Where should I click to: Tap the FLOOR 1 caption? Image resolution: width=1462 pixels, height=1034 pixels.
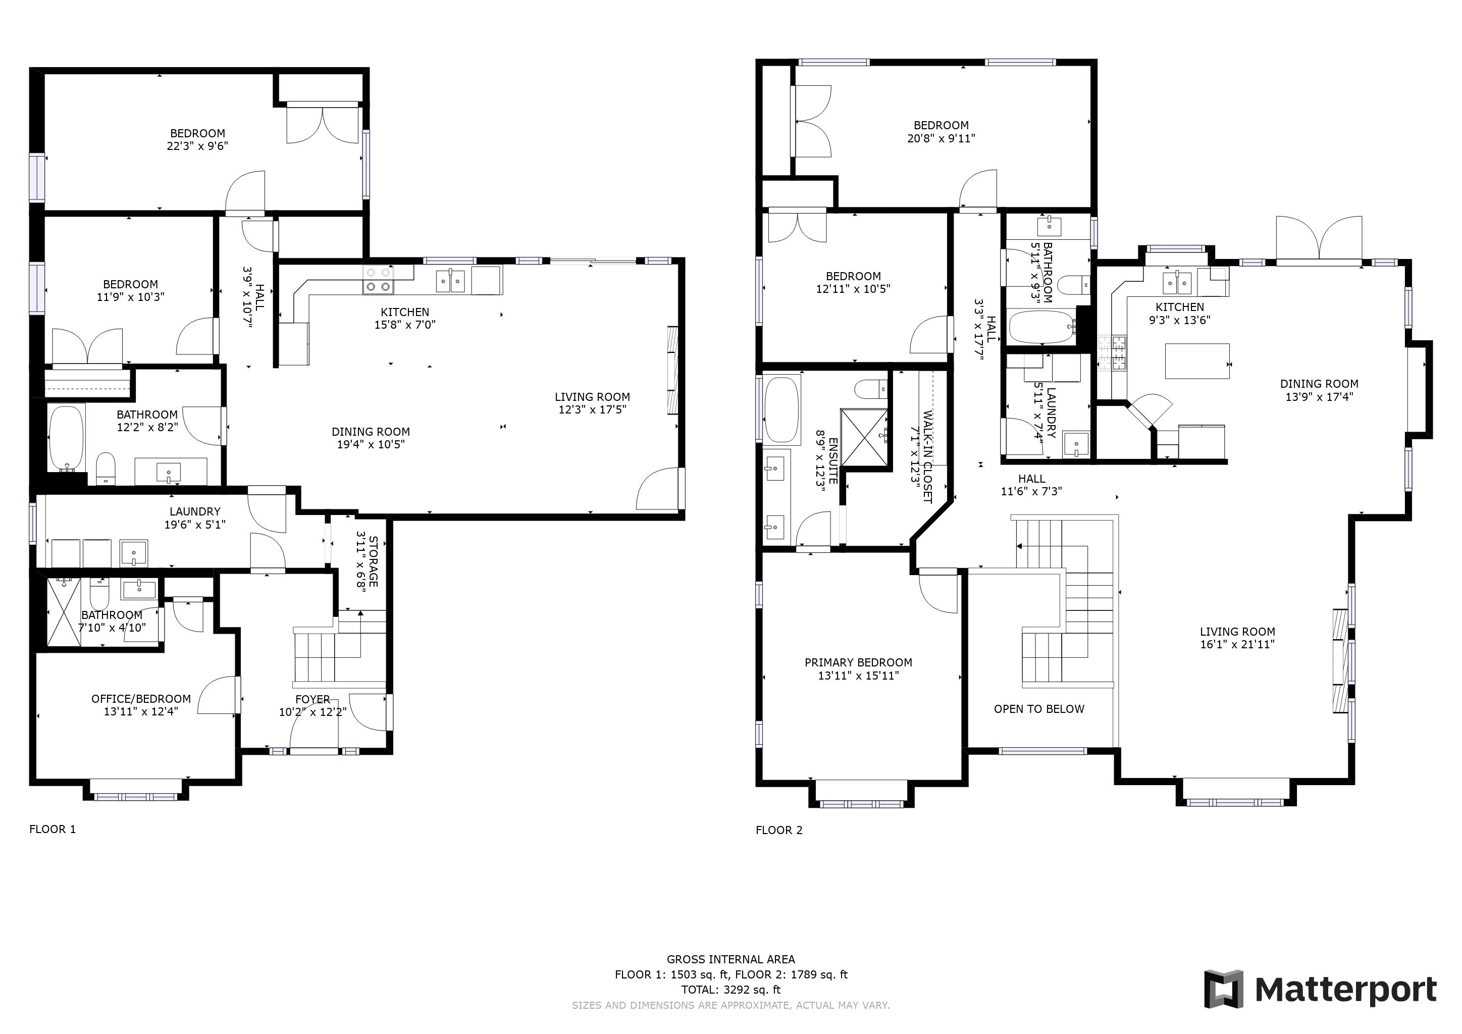point(52,829)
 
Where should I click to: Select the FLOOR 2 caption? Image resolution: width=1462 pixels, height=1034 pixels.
point(779,830)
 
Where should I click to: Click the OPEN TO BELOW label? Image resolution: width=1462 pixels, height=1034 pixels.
point(1038,709)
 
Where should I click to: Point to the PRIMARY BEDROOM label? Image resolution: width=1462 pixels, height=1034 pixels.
point(858,663)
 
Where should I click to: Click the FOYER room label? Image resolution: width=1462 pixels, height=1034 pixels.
point(312,699)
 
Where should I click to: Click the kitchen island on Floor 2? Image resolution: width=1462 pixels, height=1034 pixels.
point(1197,361)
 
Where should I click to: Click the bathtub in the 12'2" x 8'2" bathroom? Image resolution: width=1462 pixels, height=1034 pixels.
point(66,437)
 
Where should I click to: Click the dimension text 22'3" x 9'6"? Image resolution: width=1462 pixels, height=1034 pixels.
point(197,146)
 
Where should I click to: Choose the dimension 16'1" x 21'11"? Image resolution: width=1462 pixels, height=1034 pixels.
point(1237,644)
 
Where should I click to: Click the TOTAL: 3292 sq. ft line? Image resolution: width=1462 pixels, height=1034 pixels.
point(731,990)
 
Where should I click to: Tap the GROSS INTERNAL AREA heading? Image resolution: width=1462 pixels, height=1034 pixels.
point(731,959)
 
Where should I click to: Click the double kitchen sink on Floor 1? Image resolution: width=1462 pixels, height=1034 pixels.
point(451,281)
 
